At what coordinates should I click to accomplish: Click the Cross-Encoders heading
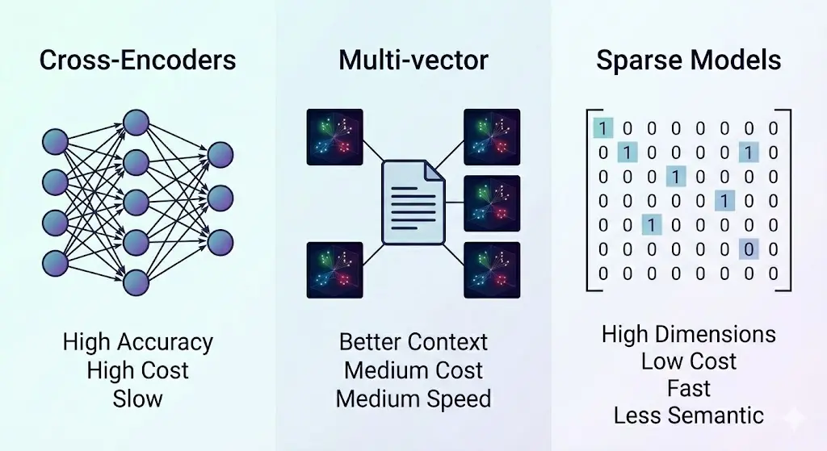[x=138, y=61]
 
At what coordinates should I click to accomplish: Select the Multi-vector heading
[x=413, y=61]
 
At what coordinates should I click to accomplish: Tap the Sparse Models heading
[x=688, y=61]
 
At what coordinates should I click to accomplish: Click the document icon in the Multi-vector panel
[x=413, y=202]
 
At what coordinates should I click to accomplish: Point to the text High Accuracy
[x=138, y=343]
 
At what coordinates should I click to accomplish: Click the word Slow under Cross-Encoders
[x=138, y=398]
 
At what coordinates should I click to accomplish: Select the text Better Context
[x=413, y=341]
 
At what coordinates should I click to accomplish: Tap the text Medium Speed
[x=413, y=399]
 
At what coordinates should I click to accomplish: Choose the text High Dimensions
[x=688, y=334]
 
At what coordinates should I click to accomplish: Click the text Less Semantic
[x=688, y=416]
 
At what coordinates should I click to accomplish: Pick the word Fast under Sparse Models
[x=688, y=388]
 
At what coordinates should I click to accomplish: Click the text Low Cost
[x=688, y=361]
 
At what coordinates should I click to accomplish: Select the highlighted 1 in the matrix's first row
[x=602, y=127]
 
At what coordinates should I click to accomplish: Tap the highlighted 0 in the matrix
[x=749, y=249]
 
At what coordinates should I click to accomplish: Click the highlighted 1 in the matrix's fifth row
[x=652, y=225]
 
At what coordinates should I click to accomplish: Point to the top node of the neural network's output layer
[x=220, y=153]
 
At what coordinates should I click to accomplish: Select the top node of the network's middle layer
[x=136, y=123]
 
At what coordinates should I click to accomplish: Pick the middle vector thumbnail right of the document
[x=491, y=203]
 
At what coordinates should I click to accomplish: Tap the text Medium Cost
[x=413, y=370]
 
